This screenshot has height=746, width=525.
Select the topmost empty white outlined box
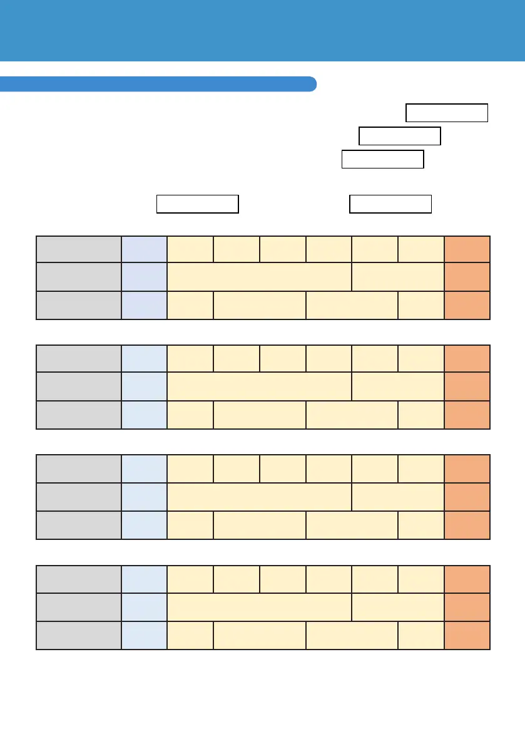[447, 113]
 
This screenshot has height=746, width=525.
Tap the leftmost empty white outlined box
[197, 204]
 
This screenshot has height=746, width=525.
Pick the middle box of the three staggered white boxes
[400, 136]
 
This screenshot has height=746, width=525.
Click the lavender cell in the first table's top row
[145, 250]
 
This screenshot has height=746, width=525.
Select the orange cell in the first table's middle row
[467, 277]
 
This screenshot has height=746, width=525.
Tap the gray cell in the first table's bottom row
[79, 305]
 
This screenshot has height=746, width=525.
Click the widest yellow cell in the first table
[260, 277]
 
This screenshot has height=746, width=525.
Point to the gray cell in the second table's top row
[79, 358]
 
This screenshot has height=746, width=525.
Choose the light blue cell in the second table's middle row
[145, 386]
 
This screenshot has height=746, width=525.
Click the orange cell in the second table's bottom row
[467, 414]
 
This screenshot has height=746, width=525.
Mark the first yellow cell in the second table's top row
[190, 358]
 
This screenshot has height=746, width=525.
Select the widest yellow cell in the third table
[260, 496]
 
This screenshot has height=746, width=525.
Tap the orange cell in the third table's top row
[467, 469]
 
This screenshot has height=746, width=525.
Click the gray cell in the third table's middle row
[79, 496]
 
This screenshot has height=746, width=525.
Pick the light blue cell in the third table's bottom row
[145, 524]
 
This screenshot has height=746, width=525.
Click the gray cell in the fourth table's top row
[79, 579]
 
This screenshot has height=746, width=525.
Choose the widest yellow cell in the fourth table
[260, 606]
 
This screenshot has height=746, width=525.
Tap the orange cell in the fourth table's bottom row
[467, 635]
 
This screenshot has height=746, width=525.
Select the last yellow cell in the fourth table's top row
[421, 579]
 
